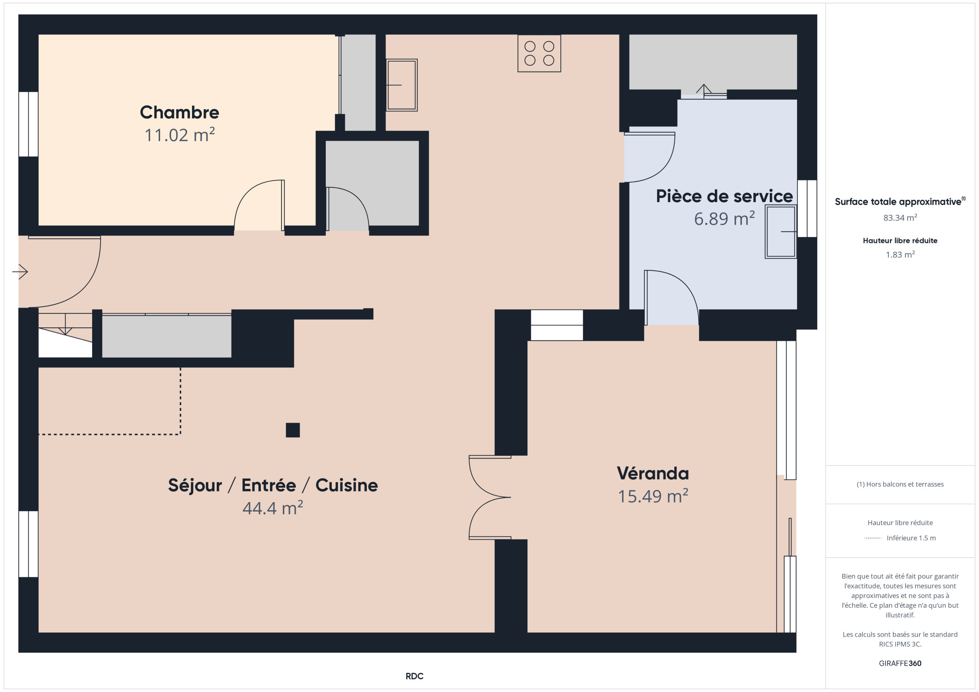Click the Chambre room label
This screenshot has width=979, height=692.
click(x=179, y=112)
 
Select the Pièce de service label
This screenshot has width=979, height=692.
click(x=724, y=196)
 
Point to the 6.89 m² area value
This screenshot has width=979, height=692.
click(x=724, y=219)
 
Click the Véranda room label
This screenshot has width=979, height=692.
click(x=653, y=473)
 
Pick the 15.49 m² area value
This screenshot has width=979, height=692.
click(x=653, y=496)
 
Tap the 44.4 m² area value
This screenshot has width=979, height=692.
click(x=272, y=508)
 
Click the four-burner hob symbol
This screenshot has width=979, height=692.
click(x=539, y=53)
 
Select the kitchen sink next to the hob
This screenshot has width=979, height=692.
click(x=401, y=85)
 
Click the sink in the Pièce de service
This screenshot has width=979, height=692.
click(x=780, y=232)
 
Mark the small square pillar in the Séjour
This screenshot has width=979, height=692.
click(x=293, y=430)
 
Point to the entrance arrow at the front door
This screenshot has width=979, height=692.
click(x=20, y=271)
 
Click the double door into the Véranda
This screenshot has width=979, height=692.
click(x=490, y=497)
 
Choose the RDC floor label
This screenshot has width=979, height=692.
click(x=414, y=676)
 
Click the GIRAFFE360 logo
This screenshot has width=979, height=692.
click(x=900, y=663)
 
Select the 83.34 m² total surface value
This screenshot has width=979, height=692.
click(x=900, y=218)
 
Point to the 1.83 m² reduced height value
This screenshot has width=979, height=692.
click(x=900, y=254)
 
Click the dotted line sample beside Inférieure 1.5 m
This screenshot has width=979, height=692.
click(x=872, y=538)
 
